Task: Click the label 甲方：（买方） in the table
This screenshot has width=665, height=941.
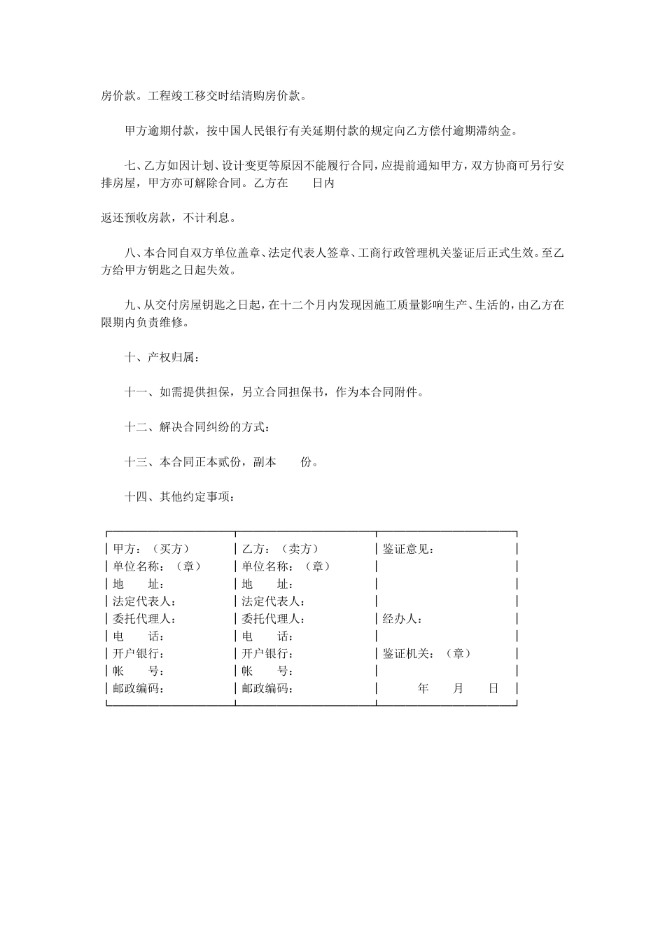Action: pos(150,549)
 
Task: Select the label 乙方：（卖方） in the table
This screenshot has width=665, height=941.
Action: pos(280,549)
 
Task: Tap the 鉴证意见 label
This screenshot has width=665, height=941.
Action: pos(409,549)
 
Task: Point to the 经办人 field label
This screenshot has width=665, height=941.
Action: pos(402,619)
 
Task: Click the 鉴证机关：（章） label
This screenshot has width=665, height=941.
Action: pos(426,654)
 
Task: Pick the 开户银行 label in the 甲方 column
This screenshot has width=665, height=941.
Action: pos(139,654)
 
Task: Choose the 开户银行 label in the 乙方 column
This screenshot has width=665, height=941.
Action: pos(268,654)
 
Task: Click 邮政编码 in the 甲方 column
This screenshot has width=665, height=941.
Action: pos(139,689)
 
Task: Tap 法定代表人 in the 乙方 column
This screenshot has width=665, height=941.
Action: pos(274,601)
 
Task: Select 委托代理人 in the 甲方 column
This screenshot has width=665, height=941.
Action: pos(144,619)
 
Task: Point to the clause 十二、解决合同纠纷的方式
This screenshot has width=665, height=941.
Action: pos(197,427)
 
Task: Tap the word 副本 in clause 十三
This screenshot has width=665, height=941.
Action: pos(265,462)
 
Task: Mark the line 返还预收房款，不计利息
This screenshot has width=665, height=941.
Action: pos(168,218)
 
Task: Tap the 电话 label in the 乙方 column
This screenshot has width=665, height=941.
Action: pos(268,636)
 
